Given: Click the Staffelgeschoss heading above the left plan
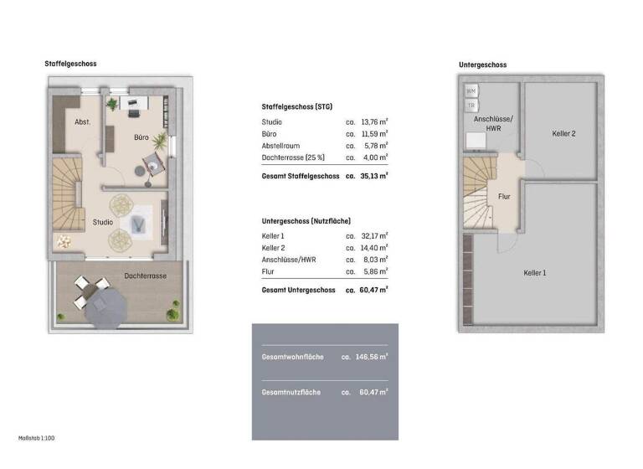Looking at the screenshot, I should (71, 64).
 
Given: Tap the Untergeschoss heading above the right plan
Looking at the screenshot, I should (482, 64).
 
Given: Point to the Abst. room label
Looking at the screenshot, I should (82, 122).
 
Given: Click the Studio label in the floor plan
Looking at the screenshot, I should (102, 223).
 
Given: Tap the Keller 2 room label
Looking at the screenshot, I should (563, 133).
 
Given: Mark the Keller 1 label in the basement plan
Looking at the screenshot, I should (536, 272).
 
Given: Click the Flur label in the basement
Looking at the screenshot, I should (504, 197).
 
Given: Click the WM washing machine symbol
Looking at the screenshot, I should (471, 90).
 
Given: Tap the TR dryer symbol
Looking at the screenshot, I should (471, 106).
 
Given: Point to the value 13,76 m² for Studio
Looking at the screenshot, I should (374, 122).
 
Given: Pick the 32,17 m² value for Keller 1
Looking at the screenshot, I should (374, 236).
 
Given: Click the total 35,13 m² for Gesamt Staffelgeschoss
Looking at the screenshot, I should (374, 177).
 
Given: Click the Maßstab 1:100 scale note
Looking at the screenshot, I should (36, 438).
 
